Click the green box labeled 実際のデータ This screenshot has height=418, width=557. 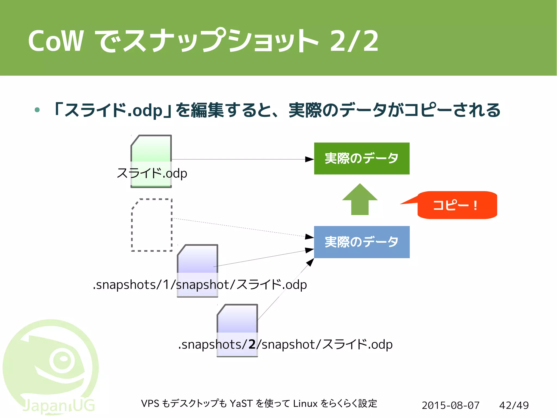pos(361,158)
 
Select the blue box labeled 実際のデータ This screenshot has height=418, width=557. pos(361,242)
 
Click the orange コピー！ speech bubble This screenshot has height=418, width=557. pos(457,205)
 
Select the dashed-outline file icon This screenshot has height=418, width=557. pos(152,225)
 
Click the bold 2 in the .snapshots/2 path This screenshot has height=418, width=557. pos(252,344)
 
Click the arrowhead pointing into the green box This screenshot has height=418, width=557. pos(309,159)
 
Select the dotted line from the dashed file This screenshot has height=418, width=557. pos(239,228)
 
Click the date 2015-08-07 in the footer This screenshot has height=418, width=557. pos(450,405)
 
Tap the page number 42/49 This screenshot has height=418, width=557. pos(514,405)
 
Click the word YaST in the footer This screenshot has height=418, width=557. pos(241,403)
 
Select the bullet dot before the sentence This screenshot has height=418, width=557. pos(37,110)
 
